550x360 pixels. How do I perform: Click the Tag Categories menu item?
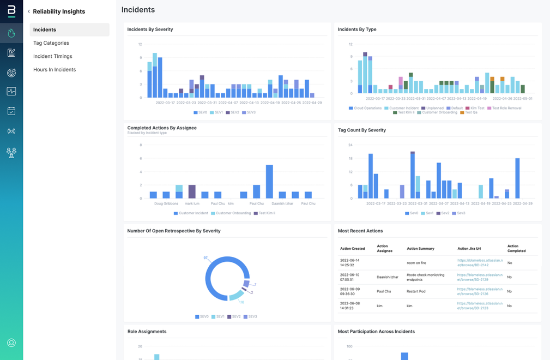click(x=51, y=43)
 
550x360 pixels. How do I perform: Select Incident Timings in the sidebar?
click(x=52, y=56)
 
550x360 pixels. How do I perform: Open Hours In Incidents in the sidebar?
click(x=55, y=70)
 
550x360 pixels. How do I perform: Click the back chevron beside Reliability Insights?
click(x=29, y=11)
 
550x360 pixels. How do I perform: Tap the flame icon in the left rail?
click(x=11, y=33)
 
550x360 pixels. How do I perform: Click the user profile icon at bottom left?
click(x=11, y=343)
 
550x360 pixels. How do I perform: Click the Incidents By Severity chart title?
click(x=150, y=29)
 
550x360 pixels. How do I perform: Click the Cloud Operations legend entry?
click(x=366, y=108)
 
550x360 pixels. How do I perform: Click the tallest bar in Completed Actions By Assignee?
click(x=269, y=182)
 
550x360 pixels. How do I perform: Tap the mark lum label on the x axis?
click(x=192, y=203)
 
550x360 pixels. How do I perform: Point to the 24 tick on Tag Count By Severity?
click(x=350, y=145)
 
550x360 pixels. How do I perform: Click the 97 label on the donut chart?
click(x=206, y=257)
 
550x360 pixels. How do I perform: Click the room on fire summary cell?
click(x=416, y=263)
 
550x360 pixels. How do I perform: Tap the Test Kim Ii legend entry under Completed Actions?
click(x=267, y=213)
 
